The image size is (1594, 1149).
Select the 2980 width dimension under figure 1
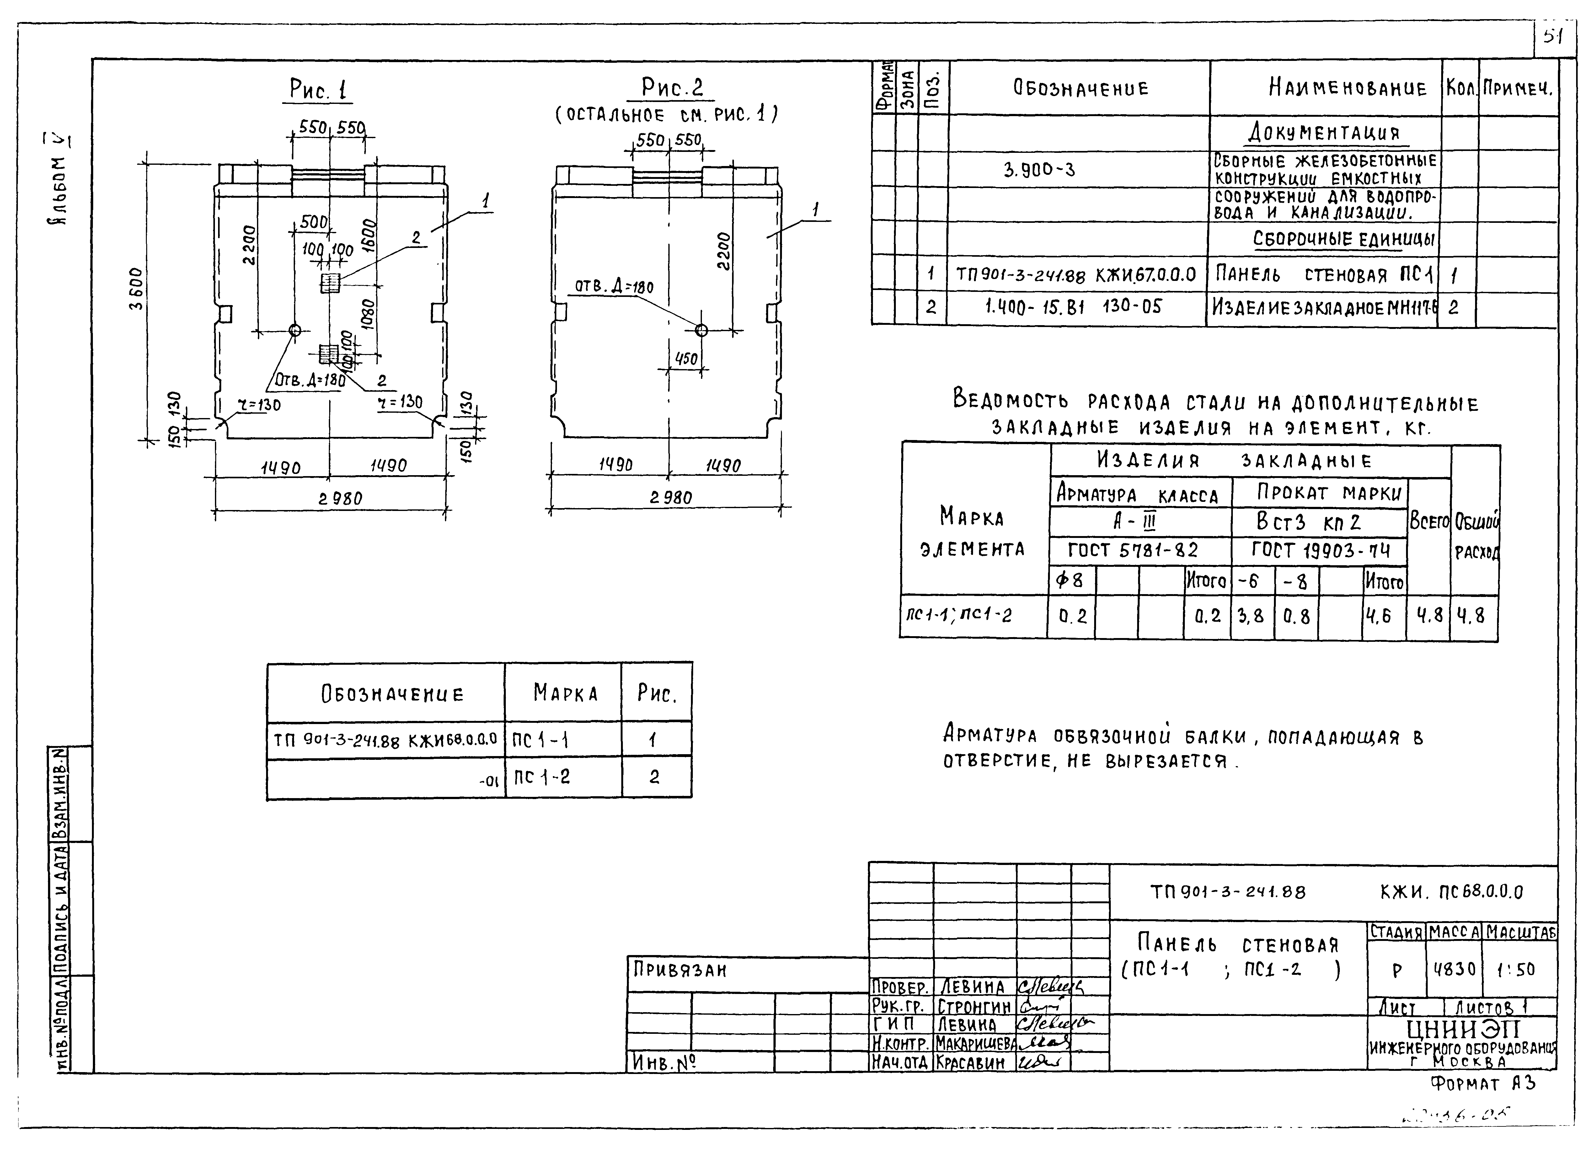point(340,499)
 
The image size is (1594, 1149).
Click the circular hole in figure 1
point(295,330)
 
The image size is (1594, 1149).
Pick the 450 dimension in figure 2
point(686,359)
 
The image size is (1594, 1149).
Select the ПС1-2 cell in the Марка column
point(541,777)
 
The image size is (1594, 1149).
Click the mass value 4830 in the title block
point(1454,969)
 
